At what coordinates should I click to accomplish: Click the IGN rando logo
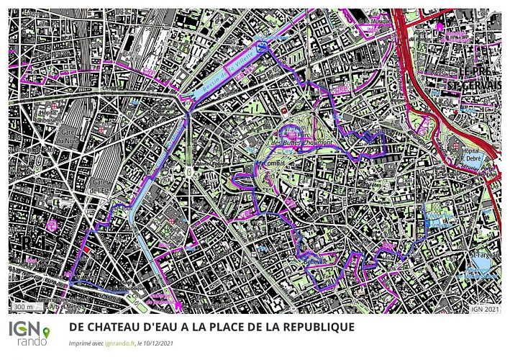[x=28, y=332]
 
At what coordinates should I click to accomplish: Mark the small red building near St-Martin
[x=87, y=251]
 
